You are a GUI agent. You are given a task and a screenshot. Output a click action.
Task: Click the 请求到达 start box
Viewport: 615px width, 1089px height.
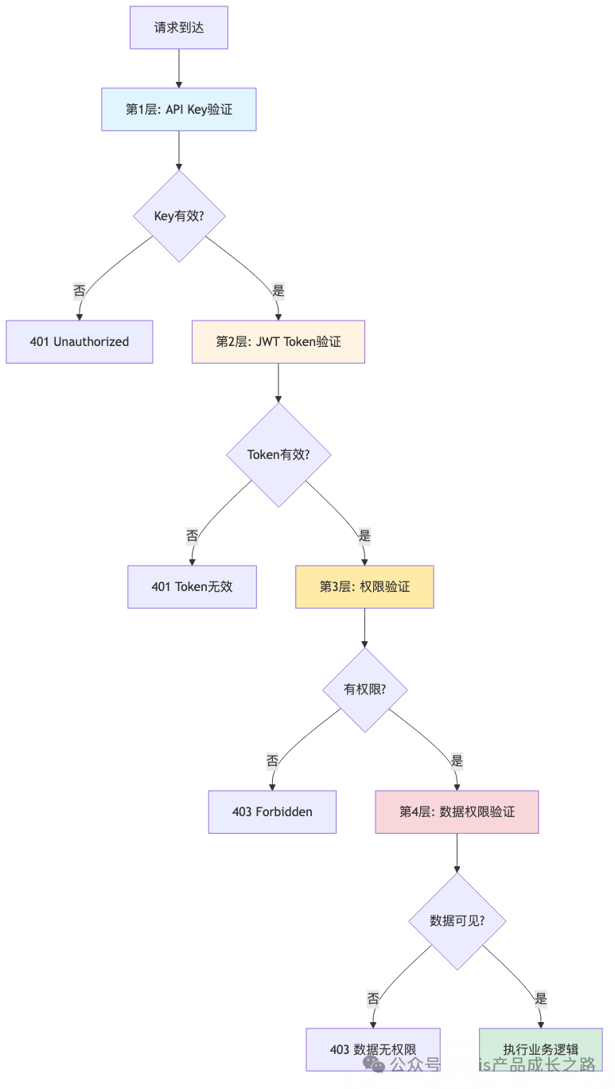pyautogui.click(x=179, y=28)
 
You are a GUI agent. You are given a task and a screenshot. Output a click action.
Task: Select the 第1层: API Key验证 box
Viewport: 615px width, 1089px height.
pyautogui.click(x=179, y=109)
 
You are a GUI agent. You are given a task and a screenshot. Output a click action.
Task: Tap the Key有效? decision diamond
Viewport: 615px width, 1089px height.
pyautogui.click(x=180, y=216)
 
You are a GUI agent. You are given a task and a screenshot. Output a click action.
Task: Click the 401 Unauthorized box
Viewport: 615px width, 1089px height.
pyautogui.click(x=80, y=342)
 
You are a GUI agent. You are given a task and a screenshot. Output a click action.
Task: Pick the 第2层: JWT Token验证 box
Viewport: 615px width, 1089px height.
pyautogui.click(x=278, y=342)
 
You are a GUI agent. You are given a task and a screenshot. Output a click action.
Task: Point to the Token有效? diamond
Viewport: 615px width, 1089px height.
pyautogui.click(x=278, y=455)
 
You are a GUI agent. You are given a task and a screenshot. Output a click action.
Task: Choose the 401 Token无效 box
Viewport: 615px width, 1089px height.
pyautogui.click(x=192, y=587)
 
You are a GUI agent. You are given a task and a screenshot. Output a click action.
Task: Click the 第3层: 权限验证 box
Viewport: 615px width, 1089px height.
pyautogui.click(x=364, y=587)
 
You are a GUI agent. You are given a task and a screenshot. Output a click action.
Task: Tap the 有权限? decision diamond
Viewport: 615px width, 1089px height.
pyautogui.click(x=364, y=689)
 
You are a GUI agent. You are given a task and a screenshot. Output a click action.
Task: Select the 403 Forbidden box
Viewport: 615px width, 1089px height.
pyautogui.click(x=272, y=812)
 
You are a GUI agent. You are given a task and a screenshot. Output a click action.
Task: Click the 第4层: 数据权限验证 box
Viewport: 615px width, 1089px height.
pyautogui.click(x=457, y=812)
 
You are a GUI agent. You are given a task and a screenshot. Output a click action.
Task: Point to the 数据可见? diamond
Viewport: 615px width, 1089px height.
pyautogui.click(x=457, y=920)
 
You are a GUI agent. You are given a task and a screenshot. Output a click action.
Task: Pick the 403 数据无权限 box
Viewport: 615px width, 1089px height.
pyautogui.click(x=373, y=1049)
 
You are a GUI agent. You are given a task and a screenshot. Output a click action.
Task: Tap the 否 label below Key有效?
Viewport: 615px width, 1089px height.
pyautogui.click(x=80, y=291)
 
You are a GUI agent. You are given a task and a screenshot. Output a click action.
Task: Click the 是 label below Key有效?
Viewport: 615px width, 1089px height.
pyautogui.click(x=278, y=291)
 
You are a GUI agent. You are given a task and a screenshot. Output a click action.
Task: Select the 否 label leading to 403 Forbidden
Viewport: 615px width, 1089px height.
pyautogui.click(x=272, y=761)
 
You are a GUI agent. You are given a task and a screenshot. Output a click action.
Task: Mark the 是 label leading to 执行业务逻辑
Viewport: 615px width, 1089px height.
pyautogui.click(x=541, y=999)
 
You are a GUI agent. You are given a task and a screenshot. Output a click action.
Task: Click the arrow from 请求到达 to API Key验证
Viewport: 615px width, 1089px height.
pyautogui.click(x=179, y=68)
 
